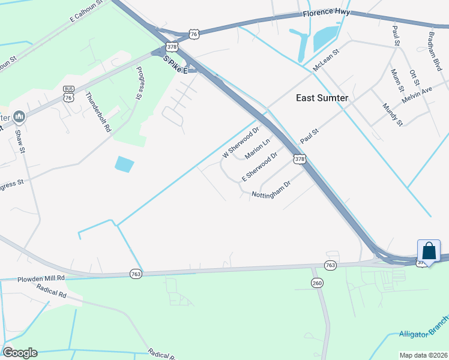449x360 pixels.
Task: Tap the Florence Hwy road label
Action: coord(326,13)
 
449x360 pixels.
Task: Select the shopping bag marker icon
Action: coord(429,251)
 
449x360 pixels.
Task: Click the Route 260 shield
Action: coord(318,283)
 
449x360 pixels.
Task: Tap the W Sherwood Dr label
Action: coord(240,142)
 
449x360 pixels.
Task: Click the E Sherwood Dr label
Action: coord(259,167)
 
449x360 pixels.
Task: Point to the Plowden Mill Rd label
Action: coord(40,279)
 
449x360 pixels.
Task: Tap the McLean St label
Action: coord(327,60)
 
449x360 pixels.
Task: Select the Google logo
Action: coord(20,352)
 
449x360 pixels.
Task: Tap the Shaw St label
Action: coord(20,142)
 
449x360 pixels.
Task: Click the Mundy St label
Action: coord(392,115)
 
